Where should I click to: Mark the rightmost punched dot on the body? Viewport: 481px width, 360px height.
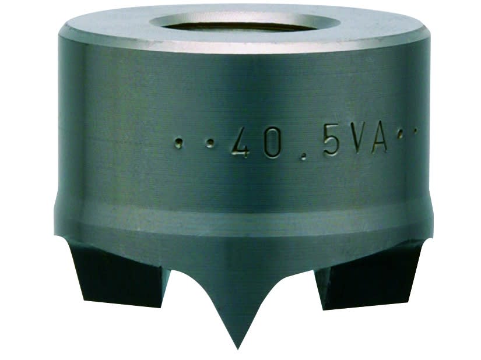[x=416, y=132]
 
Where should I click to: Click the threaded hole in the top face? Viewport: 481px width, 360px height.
[x=245, y=24]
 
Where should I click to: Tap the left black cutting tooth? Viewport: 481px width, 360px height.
[x=117, y=274]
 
